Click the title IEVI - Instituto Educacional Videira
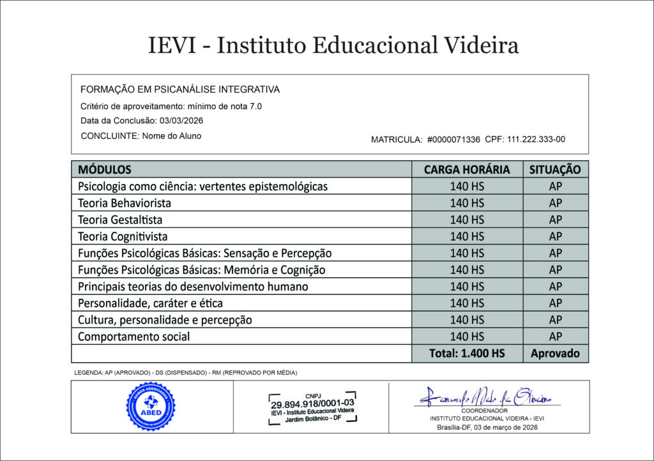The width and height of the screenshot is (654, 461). pyautogui.click(x=333, y=45)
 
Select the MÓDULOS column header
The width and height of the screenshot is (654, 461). pyautogui.click(x=104, y=170)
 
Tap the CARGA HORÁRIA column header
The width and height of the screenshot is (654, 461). pyautogui.click(x=467, y=170)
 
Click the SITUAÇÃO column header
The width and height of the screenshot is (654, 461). pyautogui.click(x=555, y=170)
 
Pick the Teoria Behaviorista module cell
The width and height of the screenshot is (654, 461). pyautogui.click(x=125, y=203)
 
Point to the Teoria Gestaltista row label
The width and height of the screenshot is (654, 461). pyautogui.click(x=120, y=220)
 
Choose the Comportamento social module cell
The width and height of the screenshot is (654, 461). pyautogui.click(x=134, y=336)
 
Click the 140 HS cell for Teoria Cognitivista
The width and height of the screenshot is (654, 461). pyautogui.click(x=467, y=236)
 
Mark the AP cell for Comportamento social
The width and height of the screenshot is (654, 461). pyautogui.click(x=555, y=336)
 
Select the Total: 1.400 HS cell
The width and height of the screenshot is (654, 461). pyautogui.click(x=467, y=353)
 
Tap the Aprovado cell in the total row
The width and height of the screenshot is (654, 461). pyautogui.click(x=555, y=353)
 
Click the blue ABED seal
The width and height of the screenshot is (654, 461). pyautogui.click(x=150, y=406)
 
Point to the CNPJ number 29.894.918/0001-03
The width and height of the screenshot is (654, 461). pyautogui.click(x=312, y=404)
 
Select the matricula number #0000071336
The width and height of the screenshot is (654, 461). pyautogui.click(x=453, y=139)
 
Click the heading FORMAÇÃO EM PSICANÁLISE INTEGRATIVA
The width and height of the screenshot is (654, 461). pyautogui.click(x=180, y=89)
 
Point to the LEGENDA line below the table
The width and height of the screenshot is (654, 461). pyautogui.click(x=186, y=372)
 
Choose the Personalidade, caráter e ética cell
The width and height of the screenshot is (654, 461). pyautogui.click(x=150, y=303)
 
